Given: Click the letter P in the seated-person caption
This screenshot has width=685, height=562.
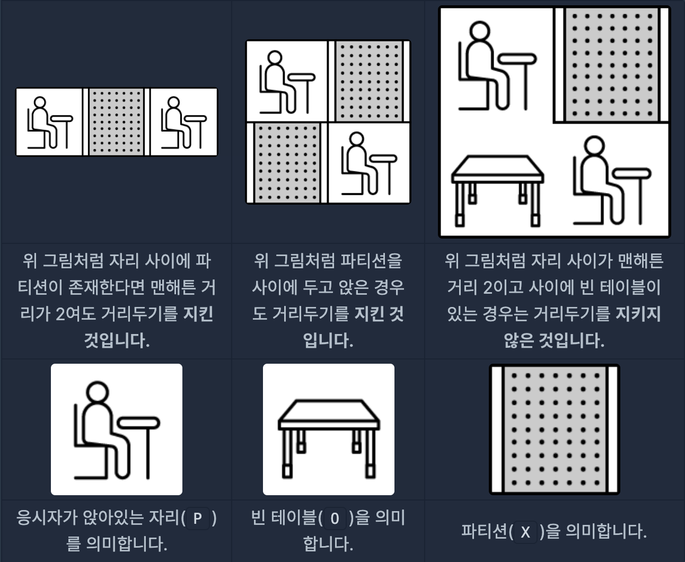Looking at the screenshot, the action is [197, 518].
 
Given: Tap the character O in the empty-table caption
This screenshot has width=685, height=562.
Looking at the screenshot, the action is [335, 519].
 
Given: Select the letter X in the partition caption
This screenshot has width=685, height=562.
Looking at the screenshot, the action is [525, 532].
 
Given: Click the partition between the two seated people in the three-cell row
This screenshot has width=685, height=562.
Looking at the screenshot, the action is [116, 122].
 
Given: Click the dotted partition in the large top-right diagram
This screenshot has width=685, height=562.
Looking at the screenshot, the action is [611, 65].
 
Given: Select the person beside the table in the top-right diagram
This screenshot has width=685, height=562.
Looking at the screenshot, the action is [612, 181].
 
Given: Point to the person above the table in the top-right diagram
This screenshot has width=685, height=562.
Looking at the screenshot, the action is [497, 66].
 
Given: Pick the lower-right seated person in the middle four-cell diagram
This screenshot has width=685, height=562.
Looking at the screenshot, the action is [369, 163].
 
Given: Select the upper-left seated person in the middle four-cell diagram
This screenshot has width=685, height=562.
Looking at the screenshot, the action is [287, 82].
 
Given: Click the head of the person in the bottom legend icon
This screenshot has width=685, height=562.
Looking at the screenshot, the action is [98, 392].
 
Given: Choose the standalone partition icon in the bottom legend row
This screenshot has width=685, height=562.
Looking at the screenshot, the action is [555, 429].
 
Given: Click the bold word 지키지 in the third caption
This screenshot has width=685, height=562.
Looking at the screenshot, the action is [638, 314].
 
